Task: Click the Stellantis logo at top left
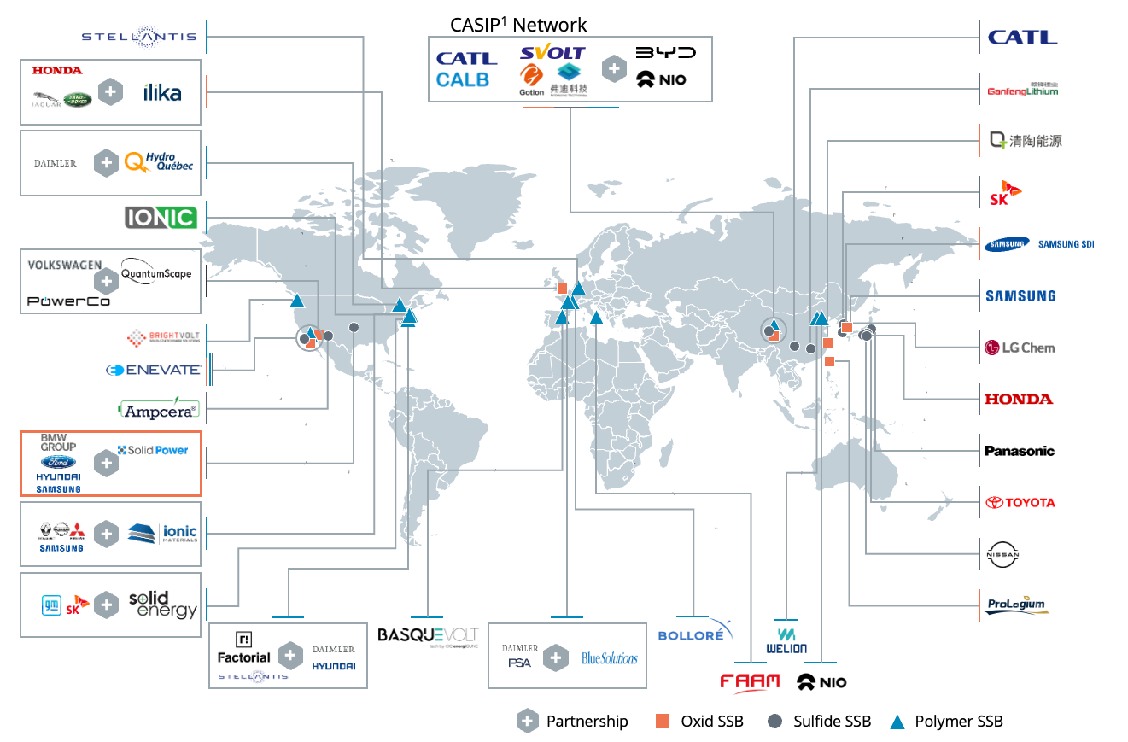coord(138,37)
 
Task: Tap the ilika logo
coord(162,92)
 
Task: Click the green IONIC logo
coord(161,217)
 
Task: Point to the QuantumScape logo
coord(156,273)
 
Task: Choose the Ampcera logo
coord(159,410)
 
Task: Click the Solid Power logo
coord(153,450)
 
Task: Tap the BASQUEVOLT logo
coord(428,636)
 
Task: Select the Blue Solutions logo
coord(609,657)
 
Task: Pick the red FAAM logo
coord(750,681)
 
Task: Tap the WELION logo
coord(786,640)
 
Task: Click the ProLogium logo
coord(1016,605)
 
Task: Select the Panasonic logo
coord(1020,451)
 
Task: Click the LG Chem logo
coord(1019,348)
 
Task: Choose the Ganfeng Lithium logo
coord(1022,88)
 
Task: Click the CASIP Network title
coord(518,25)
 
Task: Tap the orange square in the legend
coord(663,721)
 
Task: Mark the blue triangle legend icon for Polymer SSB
coord(897,722)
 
